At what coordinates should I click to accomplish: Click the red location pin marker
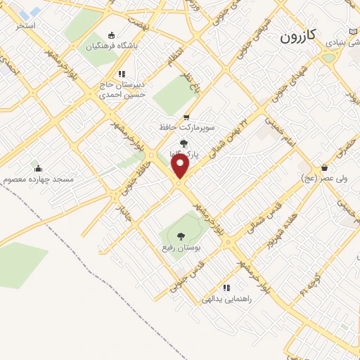point(181,167)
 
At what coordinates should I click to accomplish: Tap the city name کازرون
point(300,36)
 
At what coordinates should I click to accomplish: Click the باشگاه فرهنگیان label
point(113,47)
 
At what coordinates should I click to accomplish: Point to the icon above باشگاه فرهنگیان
point(110,35)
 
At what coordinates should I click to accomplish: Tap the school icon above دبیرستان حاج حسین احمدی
point(122,73)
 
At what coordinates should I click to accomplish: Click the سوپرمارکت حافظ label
point(186,129)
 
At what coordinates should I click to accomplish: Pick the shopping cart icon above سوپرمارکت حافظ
point(186,117)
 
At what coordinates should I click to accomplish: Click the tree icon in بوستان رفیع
point(181,236)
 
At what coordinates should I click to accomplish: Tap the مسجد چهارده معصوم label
point(38,179)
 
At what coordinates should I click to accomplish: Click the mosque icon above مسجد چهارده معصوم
point(37,168)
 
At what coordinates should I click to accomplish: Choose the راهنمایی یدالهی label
point(226,299)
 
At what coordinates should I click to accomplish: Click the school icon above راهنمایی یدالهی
point(226,287)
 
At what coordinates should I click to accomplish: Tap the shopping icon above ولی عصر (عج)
point(324,167)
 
